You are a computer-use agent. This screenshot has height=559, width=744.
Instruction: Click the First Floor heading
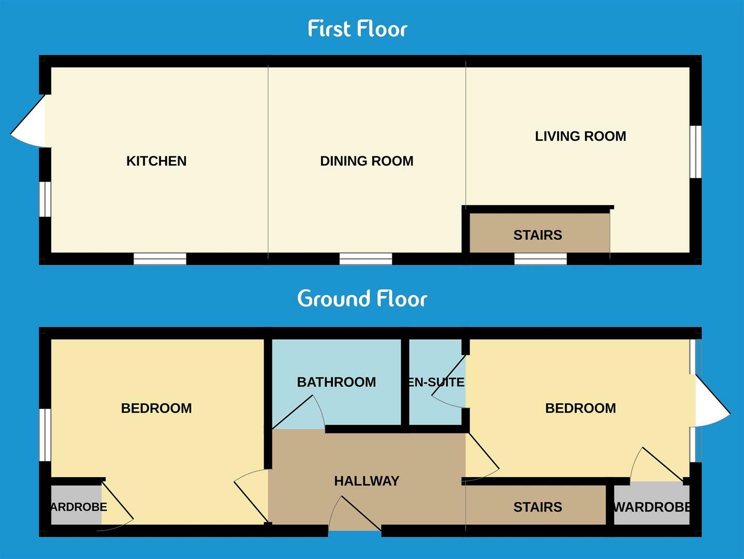click(357, 28)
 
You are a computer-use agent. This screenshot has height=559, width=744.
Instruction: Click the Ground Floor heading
click(362, 299)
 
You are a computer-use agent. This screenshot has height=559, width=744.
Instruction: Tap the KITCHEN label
click(156, 161)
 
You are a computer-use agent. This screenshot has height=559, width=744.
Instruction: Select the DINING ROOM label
click(367, 161)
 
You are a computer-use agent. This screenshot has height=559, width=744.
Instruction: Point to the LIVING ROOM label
click(580, 136)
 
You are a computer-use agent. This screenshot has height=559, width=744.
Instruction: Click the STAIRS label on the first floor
click(537, 235)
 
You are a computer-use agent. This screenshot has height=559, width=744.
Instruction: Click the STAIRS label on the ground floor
click(537, 507)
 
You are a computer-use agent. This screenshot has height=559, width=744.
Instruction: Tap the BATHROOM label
click(336, 382)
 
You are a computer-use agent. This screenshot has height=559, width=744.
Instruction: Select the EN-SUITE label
click(436, 382)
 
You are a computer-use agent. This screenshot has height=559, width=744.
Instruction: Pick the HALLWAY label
click(367, 481)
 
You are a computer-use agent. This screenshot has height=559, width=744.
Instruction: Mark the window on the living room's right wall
click(696, 151)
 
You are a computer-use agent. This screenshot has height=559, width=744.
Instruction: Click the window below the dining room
click(366, 258)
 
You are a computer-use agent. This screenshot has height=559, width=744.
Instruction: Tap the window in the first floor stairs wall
click(540, 258)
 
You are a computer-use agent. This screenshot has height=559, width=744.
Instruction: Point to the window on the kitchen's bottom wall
click(159, 258)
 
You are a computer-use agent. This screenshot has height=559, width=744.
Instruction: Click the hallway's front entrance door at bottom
click(355, 516)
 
